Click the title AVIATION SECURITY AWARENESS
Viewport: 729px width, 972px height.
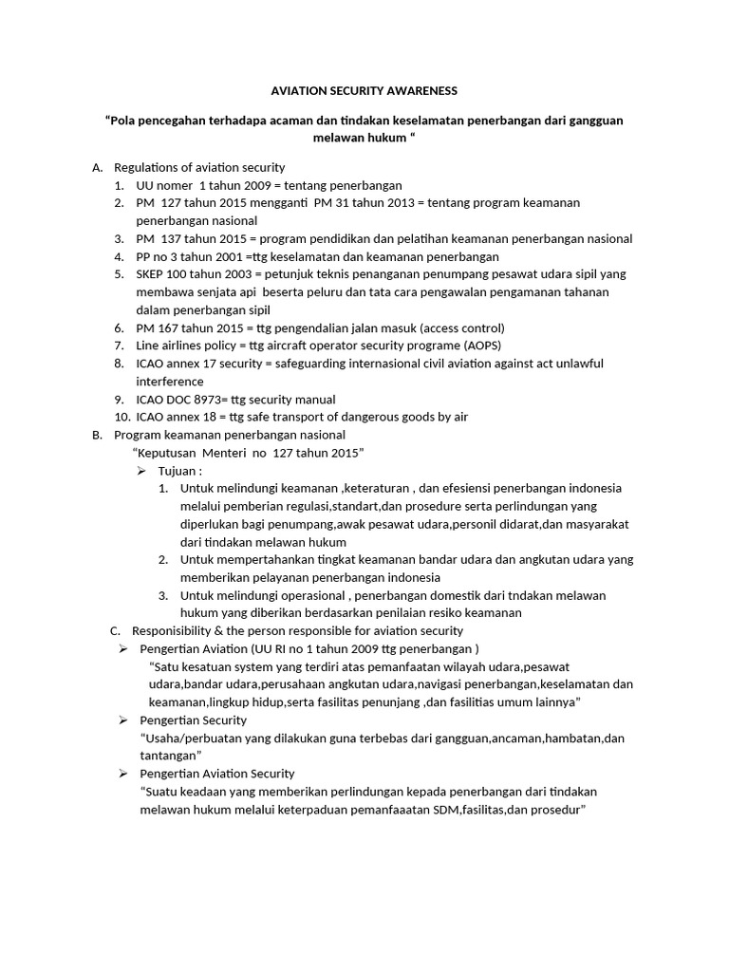point(364,90)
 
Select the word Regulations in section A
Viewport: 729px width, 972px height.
point(149,168)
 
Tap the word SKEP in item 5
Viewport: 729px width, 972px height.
point(152,274)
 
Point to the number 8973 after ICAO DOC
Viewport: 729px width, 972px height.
point(219,400)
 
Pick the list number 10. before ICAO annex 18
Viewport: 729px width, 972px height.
point(121,417)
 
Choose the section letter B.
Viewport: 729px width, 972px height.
point(97,435)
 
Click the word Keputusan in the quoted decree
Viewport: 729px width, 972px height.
point(170,453)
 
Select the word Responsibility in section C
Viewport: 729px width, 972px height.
point(177,630)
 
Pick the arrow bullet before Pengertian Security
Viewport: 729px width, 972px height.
point(122,720)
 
